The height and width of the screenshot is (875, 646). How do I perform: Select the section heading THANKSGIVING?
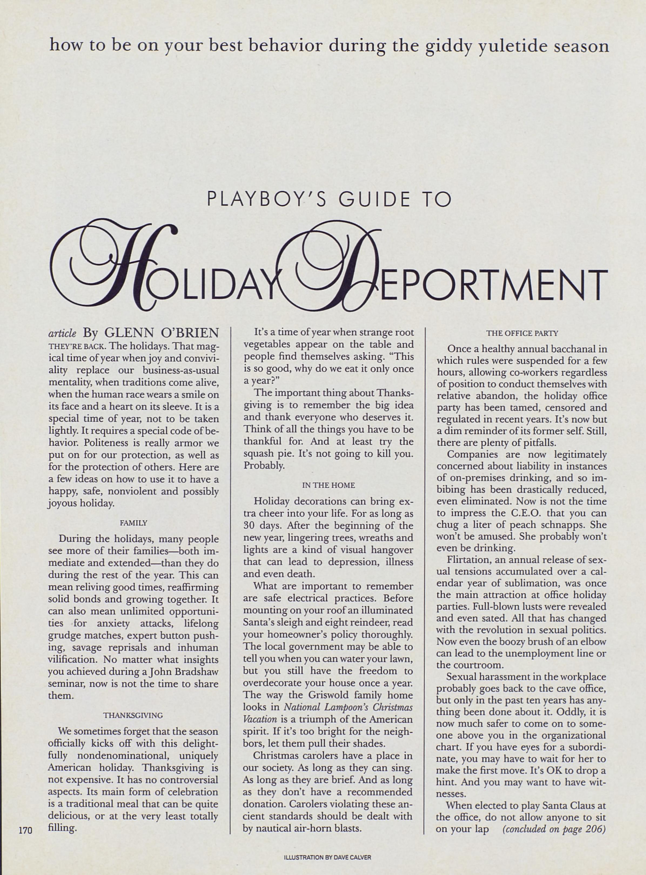133,716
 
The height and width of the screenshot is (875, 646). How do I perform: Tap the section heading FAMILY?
133,523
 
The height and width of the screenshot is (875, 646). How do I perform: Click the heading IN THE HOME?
329,485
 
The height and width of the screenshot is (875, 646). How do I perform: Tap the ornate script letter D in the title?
336,266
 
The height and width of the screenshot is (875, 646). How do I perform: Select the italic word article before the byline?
62,334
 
